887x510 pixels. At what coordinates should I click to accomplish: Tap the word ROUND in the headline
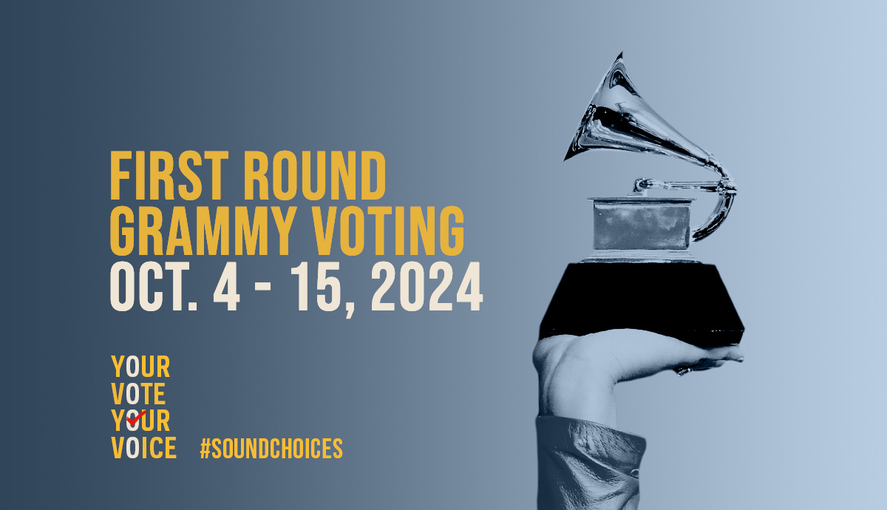(x=315, y=175)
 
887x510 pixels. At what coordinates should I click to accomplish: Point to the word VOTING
(x=388, y=231)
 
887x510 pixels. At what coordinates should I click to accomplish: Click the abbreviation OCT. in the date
(x=154, y=286)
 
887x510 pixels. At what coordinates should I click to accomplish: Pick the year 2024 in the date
(x=426, y=286)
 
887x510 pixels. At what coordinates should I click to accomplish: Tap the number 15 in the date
(x=319, y=286)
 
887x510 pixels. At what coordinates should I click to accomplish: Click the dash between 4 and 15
(x=263, y=286)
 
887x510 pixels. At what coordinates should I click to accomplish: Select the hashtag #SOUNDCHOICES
(x=271, y=448)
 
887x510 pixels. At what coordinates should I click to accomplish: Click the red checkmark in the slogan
(x=136, y=416)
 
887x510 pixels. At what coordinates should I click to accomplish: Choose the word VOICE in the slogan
(x=143, y=448)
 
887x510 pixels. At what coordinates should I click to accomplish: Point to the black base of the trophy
(x=642, y=301)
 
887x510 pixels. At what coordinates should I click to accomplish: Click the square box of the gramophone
(x=642, y=225)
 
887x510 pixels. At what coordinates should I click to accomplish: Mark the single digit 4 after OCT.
(x=226, y=286)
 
